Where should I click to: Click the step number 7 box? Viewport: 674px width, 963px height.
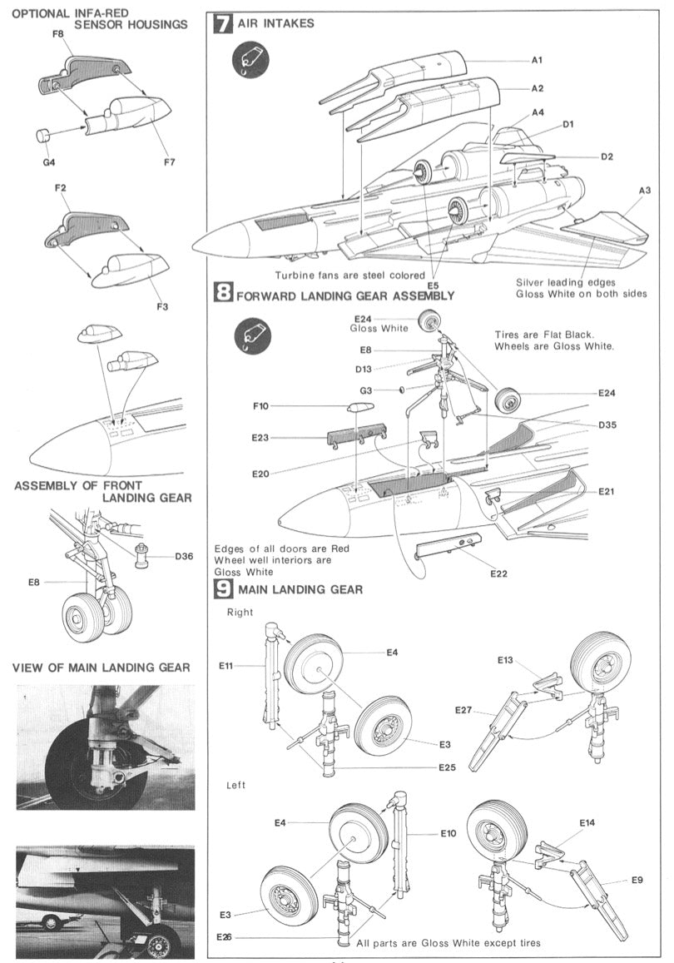(223, 23)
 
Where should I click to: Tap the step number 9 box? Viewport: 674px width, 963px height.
(223, 589)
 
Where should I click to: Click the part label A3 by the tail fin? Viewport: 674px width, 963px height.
(645, 190)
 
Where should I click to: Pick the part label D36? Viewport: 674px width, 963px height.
(184, 556)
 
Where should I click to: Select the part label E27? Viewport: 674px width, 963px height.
(463, 709)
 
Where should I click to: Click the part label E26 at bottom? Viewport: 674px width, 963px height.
(223, 937)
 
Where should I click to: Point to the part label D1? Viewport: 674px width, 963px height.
(569, 125)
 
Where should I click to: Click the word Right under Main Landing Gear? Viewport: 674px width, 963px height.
(240, 612)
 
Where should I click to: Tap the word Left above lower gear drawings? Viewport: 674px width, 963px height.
(236, 785)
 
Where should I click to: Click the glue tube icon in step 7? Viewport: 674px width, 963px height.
(250, 60)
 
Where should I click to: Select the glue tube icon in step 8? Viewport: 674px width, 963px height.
(250, 334)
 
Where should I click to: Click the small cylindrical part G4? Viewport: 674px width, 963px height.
(42, 135)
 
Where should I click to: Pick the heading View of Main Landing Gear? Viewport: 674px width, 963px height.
(101, 667)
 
